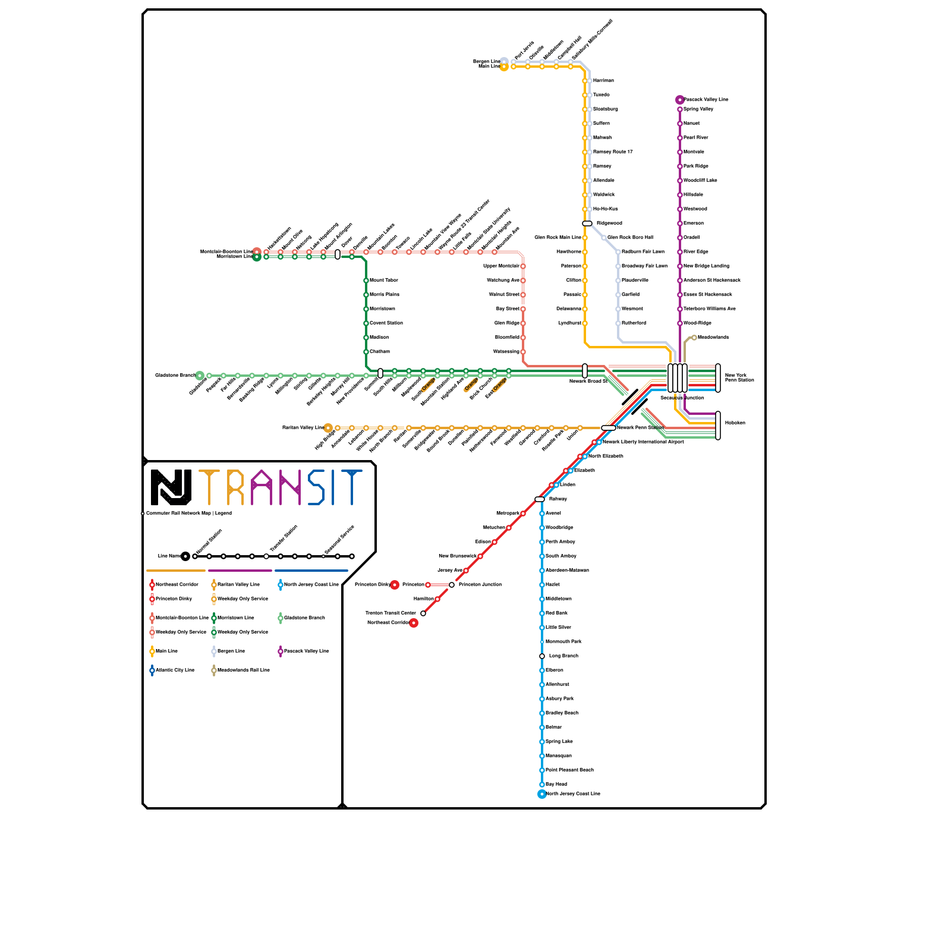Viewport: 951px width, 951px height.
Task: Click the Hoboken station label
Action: tap(735, 423)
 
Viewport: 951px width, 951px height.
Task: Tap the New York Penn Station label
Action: tap(739, 377)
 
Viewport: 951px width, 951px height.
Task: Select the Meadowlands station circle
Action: tap(694, 338)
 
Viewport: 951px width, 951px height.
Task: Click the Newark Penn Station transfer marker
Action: tap(608, 428)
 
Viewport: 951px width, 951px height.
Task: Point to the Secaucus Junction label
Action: tap(682, 398)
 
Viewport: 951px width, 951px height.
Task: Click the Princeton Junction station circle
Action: tap(452, 585)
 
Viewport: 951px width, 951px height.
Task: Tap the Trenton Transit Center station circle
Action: tap(423, 613)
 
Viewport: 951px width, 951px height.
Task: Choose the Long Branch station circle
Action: tap(542, 656)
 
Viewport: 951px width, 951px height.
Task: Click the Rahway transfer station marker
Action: tap(540, 499)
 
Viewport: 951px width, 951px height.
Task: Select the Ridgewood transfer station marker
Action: tap(587, 223)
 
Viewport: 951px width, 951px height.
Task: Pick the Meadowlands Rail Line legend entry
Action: tap(243, 670)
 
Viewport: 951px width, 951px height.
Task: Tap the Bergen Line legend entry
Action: tap(231, 651)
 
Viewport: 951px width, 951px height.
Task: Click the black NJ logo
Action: tap(171, 487)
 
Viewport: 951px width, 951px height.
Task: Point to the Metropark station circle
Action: tap(523, 514)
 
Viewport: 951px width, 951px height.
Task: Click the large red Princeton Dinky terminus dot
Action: tap(395, 585)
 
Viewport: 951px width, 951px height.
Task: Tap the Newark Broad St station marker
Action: tap(585, 371)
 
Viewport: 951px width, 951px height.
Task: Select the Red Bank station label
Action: tap(556, 613)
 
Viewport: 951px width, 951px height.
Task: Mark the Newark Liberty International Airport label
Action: tap(643, 442)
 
